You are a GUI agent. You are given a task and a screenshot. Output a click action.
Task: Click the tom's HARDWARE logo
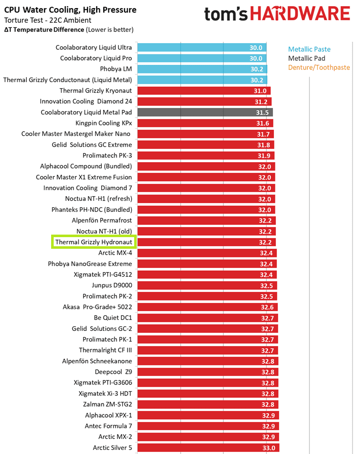277,14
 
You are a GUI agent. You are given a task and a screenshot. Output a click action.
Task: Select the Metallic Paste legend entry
309,49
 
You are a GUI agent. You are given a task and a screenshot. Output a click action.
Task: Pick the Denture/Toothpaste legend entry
318,67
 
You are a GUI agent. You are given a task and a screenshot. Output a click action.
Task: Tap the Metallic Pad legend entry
307,58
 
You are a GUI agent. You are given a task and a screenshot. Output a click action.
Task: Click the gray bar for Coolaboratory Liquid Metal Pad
205,112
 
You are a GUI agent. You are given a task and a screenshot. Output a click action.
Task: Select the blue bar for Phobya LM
202,69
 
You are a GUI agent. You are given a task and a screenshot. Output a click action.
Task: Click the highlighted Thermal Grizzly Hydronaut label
94,242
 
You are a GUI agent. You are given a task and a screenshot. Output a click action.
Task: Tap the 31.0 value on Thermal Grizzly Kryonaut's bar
260,91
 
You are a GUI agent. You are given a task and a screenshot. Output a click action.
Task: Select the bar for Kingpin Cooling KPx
205,123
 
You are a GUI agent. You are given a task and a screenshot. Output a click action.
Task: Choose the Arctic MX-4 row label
115,252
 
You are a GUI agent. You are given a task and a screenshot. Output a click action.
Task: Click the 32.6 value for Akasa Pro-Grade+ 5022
267,307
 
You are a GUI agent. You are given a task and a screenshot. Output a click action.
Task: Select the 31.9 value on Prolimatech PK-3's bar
264,156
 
